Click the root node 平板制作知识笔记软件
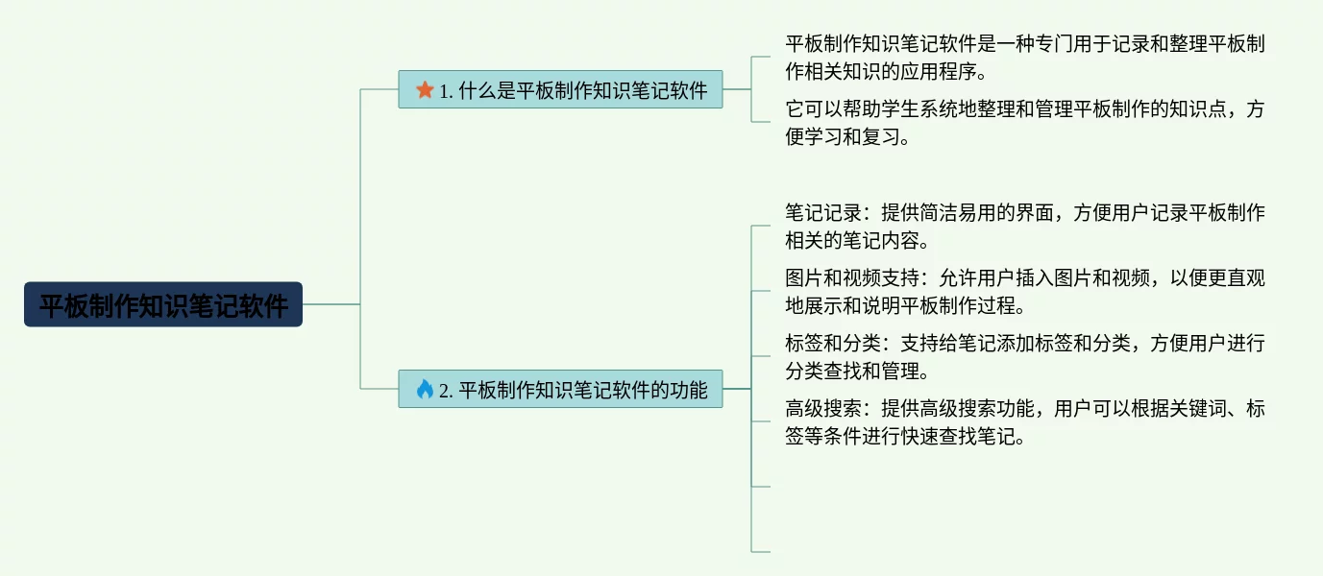(163, 305)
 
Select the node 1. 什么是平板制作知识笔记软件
(560, 90)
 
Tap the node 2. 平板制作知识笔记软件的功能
(560, 390)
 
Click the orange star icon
(425, 90)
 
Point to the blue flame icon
(425, 390)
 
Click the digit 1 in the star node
(445, 91)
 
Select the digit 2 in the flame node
(445, 391)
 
